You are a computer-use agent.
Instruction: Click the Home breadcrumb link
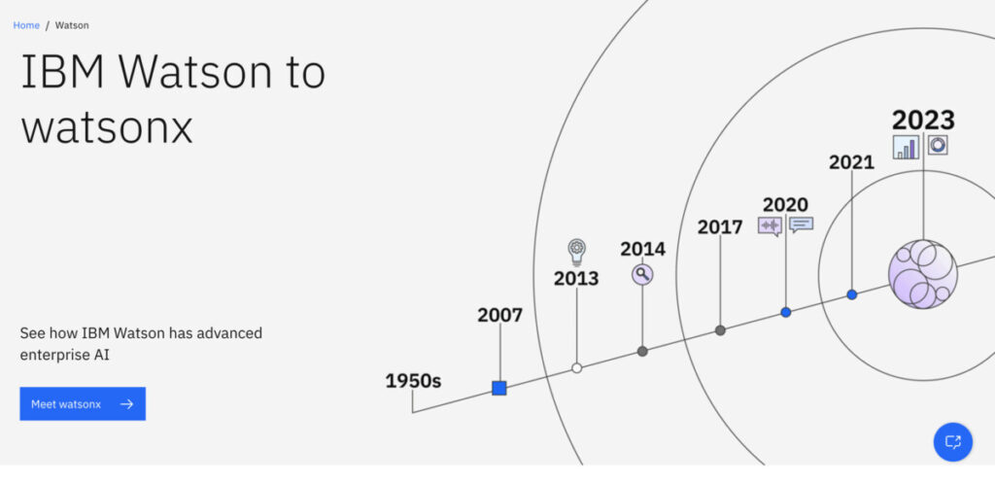26,25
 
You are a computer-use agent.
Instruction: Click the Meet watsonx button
83,404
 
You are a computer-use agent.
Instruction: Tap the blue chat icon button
952,442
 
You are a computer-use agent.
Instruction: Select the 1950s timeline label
413,381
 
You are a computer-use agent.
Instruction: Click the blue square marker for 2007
499,388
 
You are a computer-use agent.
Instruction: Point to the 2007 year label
500,315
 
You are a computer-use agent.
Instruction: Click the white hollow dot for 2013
577,368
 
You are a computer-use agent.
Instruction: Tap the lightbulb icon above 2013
577,252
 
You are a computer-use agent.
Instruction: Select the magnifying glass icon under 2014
642,274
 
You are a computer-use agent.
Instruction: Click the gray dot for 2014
642,352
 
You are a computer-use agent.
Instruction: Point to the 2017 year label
720,227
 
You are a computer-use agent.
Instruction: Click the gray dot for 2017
720,329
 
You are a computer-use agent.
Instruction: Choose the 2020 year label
785,205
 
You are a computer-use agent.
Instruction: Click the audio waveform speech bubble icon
770,225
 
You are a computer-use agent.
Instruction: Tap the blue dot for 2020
785,312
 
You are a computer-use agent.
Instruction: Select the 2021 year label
851,162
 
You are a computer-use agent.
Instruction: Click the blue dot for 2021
851,294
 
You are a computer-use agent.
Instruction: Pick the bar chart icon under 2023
906,147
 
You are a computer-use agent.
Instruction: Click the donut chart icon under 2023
938,145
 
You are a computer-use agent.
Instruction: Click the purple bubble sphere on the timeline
923,274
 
